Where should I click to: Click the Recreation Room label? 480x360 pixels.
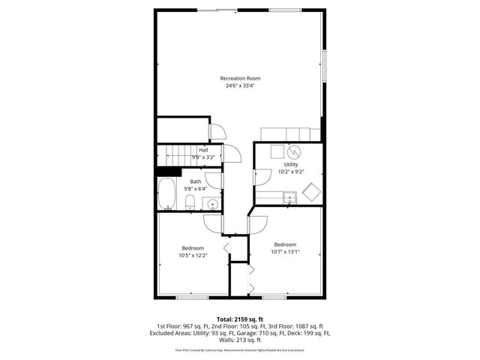click(240, 78)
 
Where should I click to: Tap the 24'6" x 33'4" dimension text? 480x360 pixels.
click(240, 85)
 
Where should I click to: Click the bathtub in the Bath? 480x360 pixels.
click(166, 194)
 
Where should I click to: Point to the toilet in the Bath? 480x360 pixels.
click(189, 201)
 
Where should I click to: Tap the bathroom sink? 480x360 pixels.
click(213, 202)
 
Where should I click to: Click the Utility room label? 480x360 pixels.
click(291, 164)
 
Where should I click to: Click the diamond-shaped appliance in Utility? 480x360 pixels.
click(311, 192)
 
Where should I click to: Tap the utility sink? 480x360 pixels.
click(291, 198)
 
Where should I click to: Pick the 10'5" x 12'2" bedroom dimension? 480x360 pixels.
click(193, 256)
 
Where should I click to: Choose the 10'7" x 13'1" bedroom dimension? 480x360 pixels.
click(285, 252)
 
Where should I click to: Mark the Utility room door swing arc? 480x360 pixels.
click(261, 177)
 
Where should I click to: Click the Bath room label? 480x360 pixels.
click(195, 181)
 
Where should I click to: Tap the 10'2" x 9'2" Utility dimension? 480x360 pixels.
click(291, 172)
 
